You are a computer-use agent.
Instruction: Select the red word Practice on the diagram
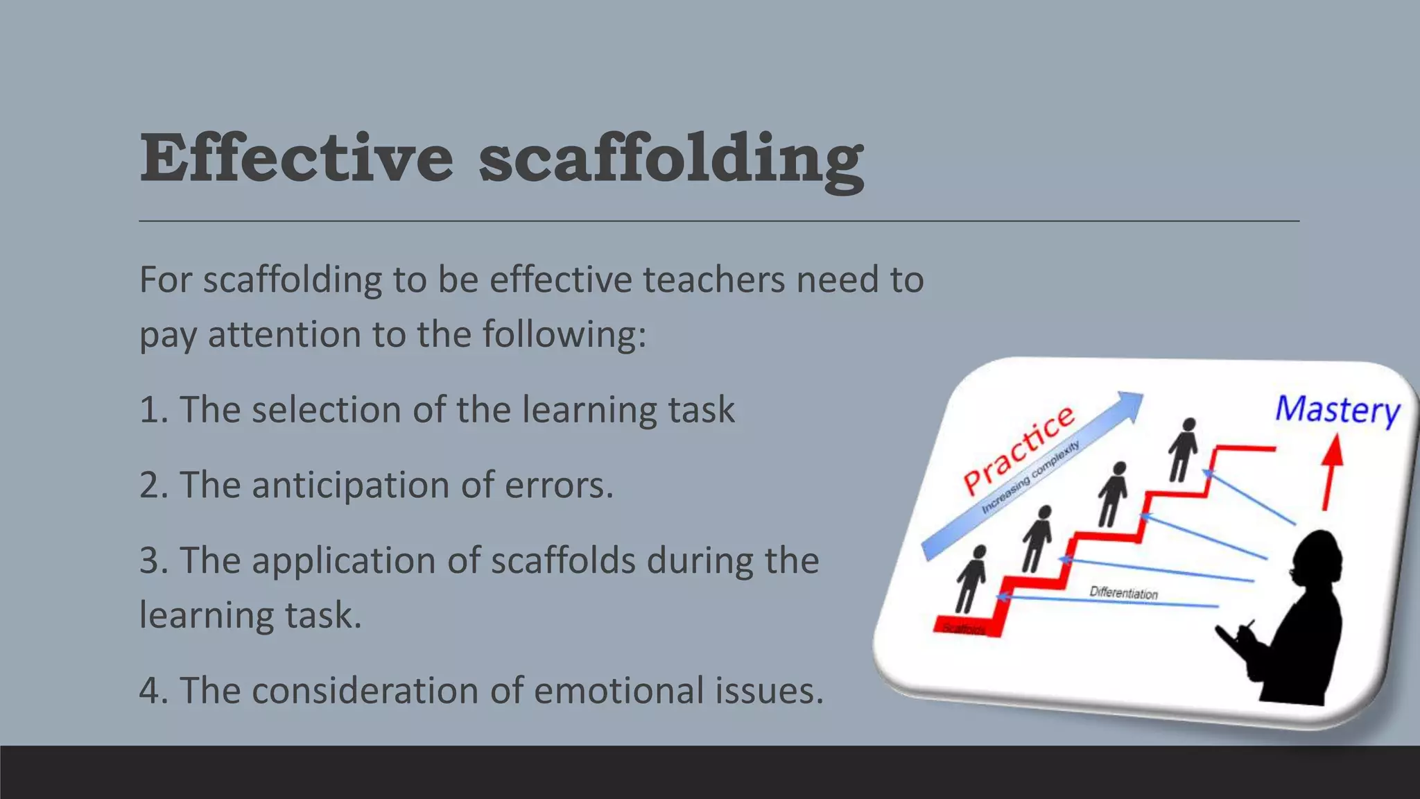(1018, 449)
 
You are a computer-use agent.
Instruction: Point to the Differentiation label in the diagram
(1123, 593)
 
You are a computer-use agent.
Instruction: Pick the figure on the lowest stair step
(971, 579)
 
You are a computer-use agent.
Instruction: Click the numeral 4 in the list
(150, 691)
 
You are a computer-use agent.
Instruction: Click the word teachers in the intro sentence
(713, 280)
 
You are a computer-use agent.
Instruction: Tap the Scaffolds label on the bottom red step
(964, 628)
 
